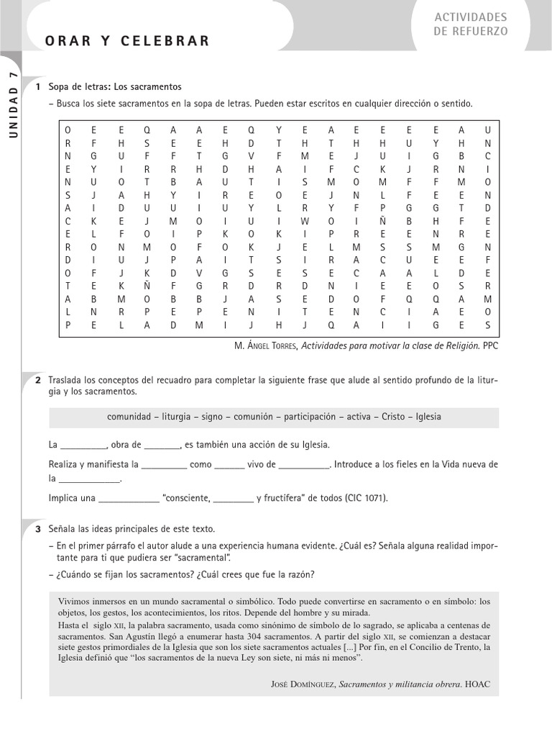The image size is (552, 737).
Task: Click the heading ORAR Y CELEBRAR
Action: [127, 41]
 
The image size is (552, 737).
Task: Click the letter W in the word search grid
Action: [305, 221]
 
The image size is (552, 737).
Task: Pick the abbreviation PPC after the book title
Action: [490, 345]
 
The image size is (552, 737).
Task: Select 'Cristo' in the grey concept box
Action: [395, 417]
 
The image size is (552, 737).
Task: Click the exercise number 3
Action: [37, 529]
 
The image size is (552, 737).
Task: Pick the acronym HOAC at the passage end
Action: [477, 684]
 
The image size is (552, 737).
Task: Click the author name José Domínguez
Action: [300, 684]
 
